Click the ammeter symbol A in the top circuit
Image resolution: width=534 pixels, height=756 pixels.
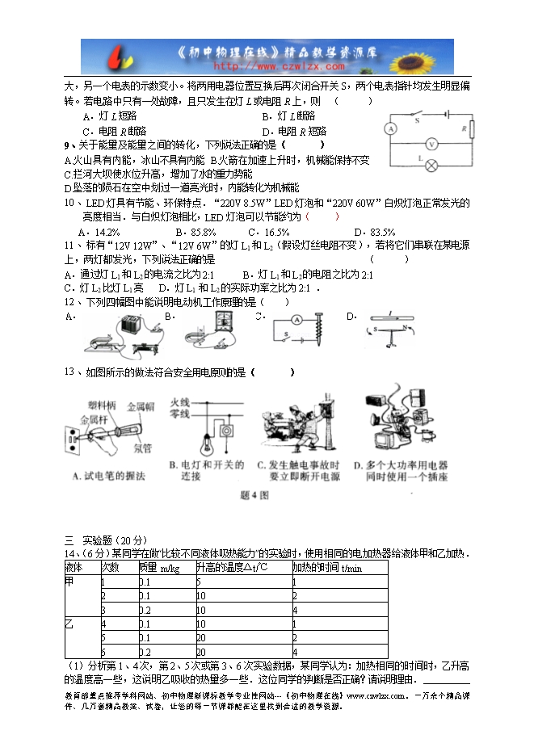[x=390, y=128]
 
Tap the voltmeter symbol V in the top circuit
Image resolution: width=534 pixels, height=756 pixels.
[x=432, y=144]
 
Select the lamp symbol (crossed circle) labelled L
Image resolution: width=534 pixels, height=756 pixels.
[x=432, y=166]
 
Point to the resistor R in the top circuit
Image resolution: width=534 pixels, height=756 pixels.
[x=471, y=130]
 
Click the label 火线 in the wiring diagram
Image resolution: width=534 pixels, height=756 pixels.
[x=179, y=401]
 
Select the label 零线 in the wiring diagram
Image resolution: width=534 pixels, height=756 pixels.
[x=179, y=414]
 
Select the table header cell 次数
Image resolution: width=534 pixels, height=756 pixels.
[x=111, y=568]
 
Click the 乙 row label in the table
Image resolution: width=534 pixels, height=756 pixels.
[x=69, y=624]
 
